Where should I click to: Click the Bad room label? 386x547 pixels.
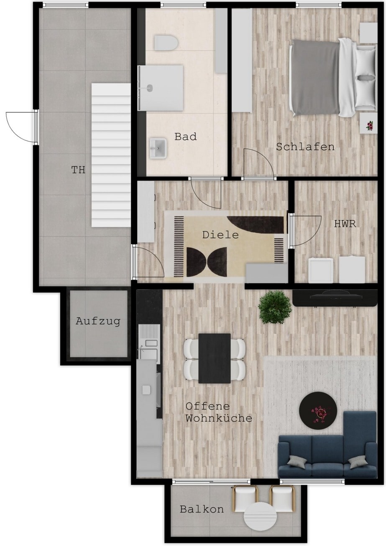185,137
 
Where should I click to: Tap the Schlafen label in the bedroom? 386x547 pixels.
305,147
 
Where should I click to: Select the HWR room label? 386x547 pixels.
345,224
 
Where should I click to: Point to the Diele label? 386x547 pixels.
220,235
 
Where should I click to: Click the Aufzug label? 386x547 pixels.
98,321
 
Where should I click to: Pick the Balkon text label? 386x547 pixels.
202,509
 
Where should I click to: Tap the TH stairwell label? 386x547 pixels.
78,170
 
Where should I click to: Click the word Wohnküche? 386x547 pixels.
219,418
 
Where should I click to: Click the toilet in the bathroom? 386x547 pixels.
166,43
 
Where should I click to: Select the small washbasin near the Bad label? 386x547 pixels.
158,148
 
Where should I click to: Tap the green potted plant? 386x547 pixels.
275,307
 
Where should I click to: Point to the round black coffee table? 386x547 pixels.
318,410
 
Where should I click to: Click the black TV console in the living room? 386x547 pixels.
335,298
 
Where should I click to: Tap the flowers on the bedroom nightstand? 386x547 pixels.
369,125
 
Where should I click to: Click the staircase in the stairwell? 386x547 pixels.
111,155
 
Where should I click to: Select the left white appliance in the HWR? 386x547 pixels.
321,270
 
